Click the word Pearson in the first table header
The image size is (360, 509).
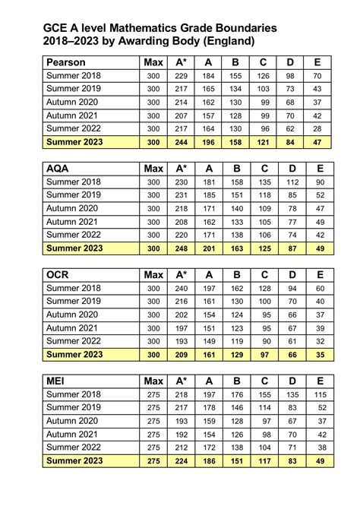(x=66, y=62)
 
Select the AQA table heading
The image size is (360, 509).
(x=59, y=168)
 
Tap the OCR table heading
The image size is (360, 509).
(x=60, y=273)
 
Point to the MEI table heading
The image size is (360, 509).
(x=58, y=380)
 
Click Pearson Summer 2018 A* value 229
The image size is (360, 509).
(x=181, y=76)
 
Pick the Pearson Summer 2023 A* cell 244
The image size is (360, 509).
(x=181, y=142)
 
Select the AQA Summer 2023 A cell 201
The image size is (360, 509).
(x=208, y=248)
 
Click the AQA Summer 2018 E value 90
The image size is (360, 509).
(x=320, y=182)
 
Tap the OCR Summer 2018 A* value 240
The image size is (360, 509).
(x=181, y=288)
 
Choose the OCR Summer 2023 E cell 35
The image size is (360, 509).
(x=320, y=354)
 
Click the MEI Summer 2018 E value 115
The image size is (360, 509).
(x=320, y=394)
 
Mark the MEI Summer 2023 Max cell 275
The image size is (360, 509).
(x=153, y=460)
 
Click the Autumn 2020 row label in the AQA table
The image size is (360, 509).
(x=73, y=209)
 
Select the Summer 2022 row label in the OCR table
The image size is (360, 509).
(x=74, y=341)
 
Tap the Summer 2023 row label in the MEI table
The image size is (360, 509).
(x=74, y=460)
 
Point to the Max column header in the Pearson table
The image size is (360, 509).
(x=153, y=62)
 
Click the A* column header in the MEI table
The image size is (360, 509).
(x=181, y=380)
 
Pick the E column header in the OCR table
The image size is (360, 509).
(x=320, y=273)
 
